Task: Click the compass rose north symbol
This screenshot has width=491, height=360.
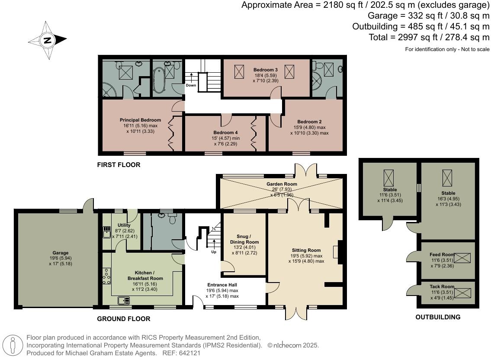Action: pyautogui.click(x=47, y=40)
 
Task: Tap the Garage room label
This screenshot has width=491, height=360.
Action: pyautogui.click(x=61, y=253)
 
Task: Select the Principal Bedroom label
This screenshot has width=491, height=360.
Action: pyautogui.click(x=140, y=120)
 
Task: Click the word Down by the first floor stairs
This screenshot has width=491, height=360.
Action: pyautogui.click(x=191, y=85)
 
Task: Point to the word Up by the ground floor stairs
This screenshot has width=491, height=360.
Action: pyautogui.click(x=214, y=252)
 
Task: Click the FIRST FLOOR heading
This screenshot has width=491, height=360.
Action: pyautogui.click(x=119, y=165)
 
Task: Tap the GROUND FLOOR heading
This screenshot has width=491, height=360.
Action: pyautogui.click(x=124, y=319)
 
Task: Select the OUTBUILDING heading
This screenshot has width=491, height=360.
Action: pyautogui.click(x=438, y=317)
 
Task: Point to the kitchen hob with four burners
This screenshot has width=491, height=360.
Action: pyautogui.click(x=106, y=276)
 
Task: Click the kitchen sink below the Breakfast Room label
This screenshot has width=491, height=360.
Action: pyautogui.click(x=124, y=300)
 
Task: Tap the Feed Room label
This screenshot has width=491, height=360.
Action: pyautogui.click(x=442, y=255)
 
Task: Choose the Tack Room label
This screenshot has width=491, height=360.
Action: pyautogui.click(x=442, y=287)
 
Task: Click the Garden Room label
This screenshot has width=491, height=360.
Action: pyautogui.click(x=282, y=184)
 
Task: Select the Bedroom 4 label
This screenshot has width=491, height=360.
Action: pyautogui.click(x=225, y=133)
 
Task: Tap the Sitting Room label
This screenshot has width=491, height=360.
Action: pyautogui.click(x=306, y=251)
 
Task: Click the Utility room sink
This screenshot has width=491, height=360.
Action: pyautogui.click(x=106, y=232)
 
